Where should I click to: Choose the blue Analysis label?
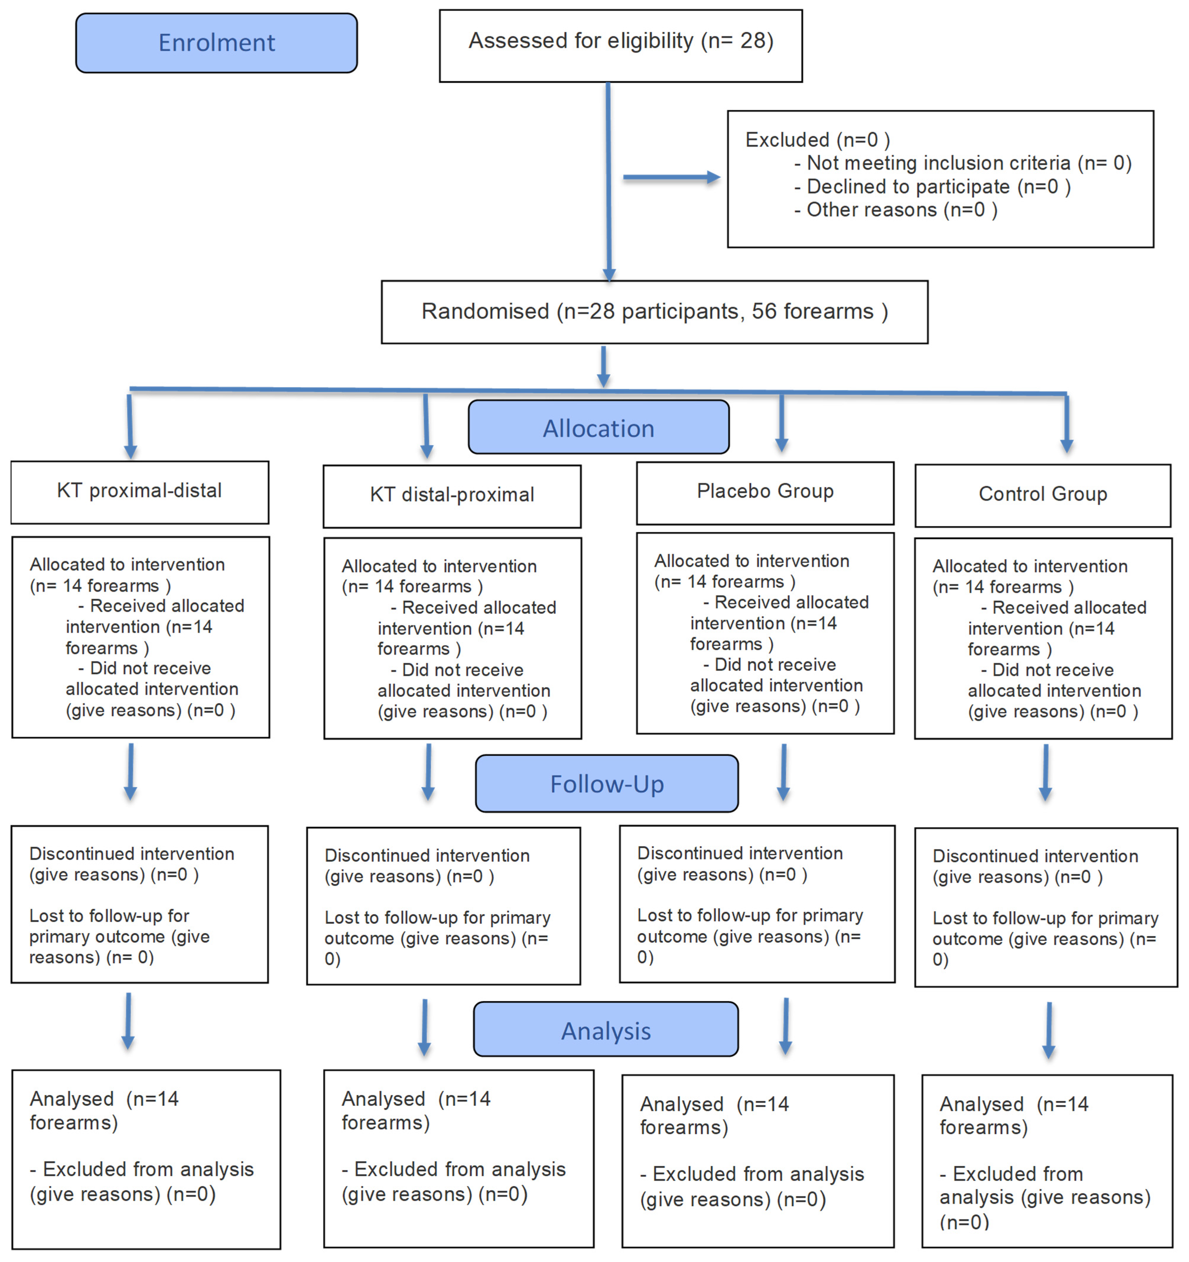pyautogui.click(x=606, y=1031)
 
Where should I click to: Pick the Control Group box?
pyautogui.click(x=1042, y=495)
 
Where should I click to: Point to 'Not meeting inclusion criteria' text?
pyautogui.click(x=938, y=163)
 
